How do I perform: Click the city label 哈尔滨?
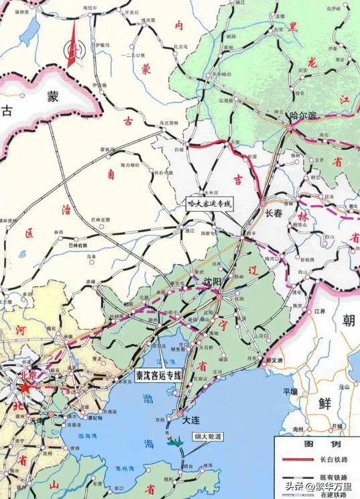pos(302,115)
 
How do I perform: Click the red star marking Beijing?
pos(25,389)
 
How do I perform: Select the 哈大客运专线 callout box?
pos(208,202)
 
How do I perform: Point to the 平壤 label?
pos(290,391)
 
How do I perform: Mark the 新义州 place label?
pos(275,361)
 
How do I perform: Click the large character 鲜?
pos(325,402)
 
